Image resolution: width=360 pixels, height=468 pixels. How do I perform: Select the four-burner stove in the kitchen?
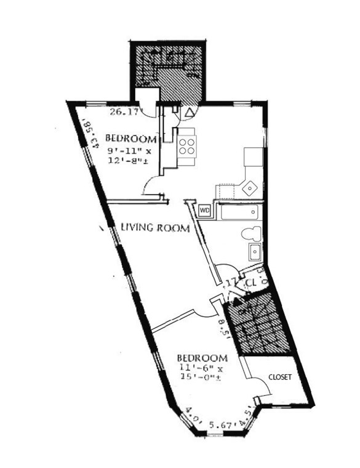[x=187, y=145]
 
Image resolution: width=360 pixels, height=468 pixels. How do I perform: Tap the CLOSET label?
[x=279, y=376]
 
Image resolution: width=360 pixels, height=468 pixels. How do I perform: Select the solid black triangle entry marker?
[x=233, y=300]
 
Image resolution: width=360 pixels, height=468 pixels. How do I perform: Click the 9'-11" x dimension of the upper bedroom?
[x=127, y=150]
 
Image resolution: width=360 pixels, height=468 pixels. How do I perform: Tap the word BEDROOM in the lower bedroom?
[x=202, y=358]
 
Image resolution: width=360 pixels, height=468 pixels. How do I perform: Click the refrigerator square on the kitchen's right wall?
[x=254, y=156]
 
